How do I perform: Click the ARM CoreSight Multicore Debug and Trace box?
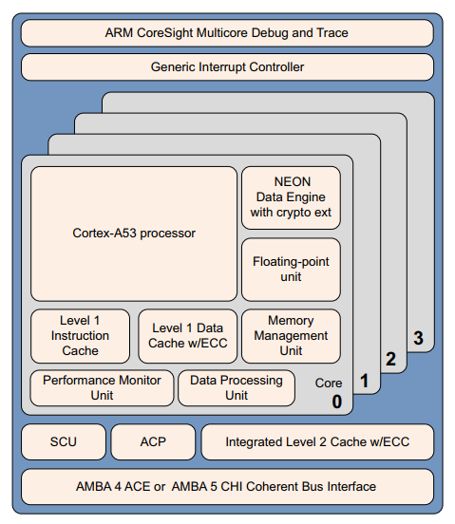click(226, 33)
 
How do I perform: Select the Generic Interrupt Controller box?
click(226, 67)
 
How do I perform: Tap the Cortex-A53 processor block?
click(133, 233)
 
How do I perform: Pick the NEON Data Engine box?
click(292, 196)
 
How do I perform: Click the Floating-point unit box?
click(292, 268)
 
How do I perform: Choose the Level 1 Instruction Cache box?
click(80, 336)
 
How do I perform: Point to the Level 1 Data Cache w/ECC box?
click(187, 336)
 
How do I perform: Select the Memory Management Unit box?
click(292, 335)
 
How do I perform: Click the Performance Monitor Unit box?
click(102, 387)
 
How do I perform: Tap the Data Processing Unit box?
click(236, 387)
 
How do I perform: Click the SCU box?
click(63, 441)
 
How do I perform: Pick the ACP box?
click(153, 441)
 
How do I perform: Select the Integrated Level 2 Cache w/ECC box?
click(317, 441)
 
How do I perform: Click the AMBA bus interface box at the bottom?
click(226, 486)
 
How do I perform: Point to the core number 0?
click(336, 402)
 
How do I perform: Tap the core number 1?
click(363, 383)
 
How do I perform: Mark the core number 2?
click(389, 359)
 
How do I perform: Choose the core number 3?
click(417, 337)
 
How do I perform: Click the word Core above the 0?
click(330, 384)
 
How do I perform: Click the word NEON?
click(292, 181)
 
